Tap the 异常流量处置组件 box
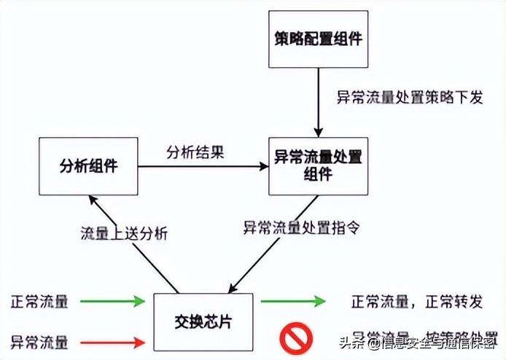[x=318, y=165]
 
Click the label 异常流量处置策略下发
[x=409, y=98]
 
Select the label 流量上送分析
[x=124, y=234]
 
